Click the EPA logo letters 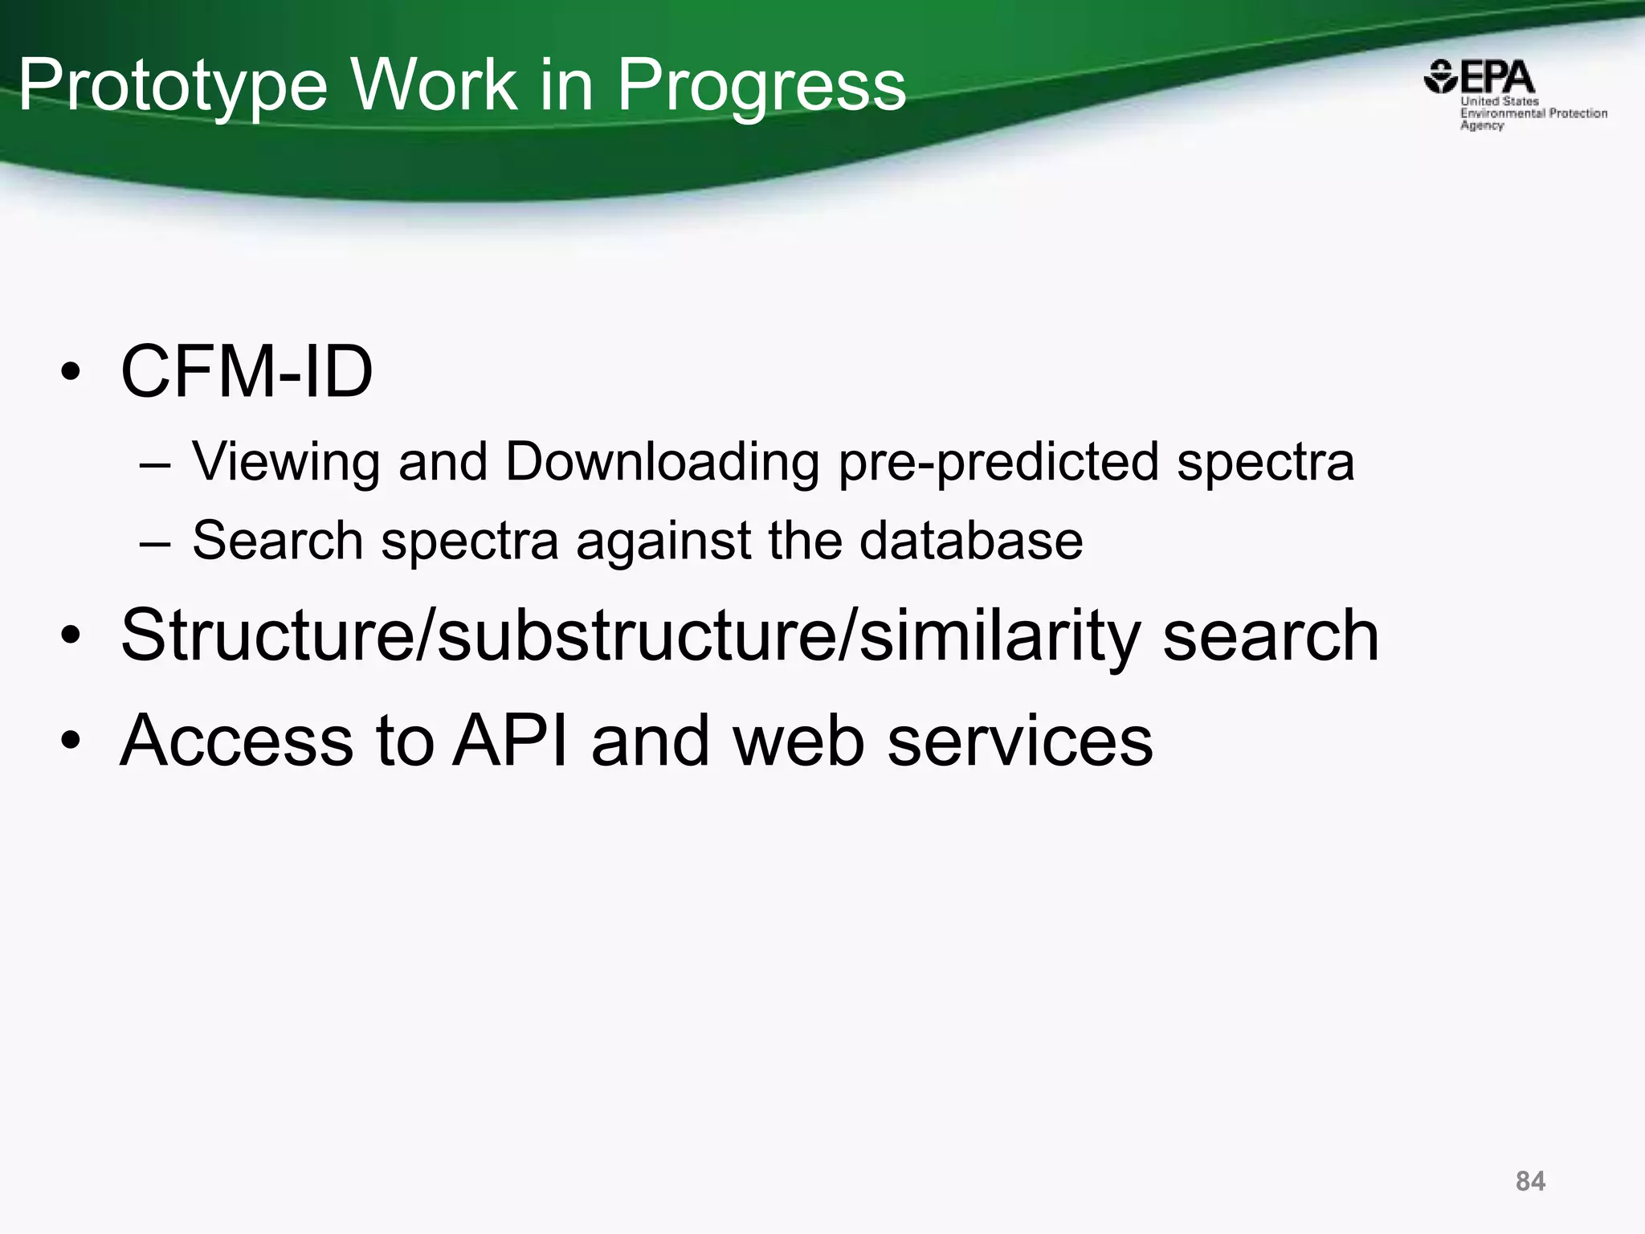click(x=1496, y=79)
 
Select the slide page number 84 click(x=1530, y=1181)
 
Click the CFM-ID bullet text click(x=247, y=371)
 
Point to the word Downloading click(x=662, y=462)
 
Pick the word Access click(x=236, y=740)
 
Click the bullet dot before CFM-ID click(x=71, y=374)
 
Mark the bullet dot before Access click(x=71, y=742)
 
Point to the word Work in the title click(x=434, y=85)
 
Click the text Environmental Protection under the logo click(x=1533, y=113)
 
